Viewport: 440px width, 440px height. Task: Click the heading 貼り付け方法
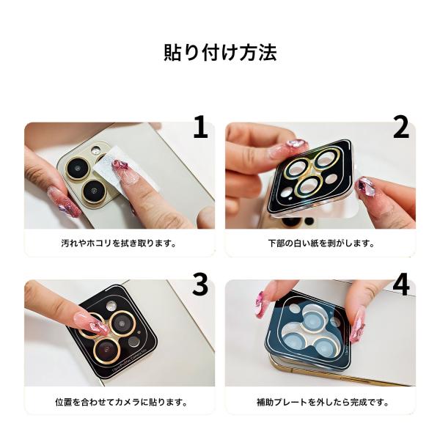pyautogui.click(x=220, y=53)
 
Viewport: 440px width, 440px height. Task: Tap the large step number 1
pyautogui.click(x=200, y=127)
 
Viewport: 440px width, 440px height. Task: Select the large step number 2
pyautogui.click(x=400, y=127)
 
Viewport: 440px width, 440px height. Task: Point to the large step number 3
pyautogui.click(x=200, y=285)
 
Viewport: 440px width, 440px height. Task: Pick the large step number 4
pyautogui.click(x=401, y=285)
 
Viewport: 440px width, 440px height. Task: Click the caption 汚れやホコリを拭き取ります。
pyautogui.click(x=119, y=243)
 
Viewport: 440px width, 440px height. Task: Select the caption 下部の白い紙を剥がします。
pyautogui.click(x=321, y=243)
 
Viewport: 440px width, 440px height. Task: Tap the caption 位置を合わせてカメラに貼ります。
pyautogui.click(x=122, y=402)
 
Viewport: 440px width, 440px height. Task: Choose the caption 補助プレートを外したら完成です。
pyautogui.click(x=323, y=402)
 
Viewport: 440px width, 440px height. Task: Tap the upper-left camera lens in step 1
pyautogui.click(x=78, y=169)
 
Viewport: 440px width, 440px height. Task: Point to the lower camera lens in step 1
pyautogui.click(x=95, y=191)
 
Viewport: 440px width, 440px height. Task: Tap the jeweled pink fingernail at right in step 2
pyautogui.click(x=366, y=187)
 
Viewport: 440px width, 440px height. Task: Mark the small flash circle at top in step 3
pyautogui.click(x=111, y=307)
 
